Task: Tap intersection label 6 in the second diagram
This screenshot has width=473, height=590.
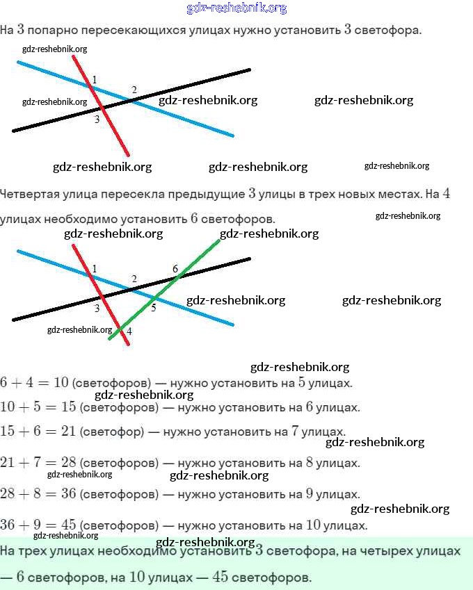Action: coord(175,268)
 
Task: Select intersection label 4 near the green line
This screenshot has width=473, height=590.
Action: coord(129,331)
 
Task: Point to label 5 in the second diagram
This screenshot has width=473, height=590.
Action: coord(154,308)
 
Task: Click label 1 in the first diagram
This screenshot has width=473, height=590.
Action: coord(95,79)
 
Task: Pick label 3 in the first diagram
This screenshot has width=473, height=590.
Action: coord(97,120)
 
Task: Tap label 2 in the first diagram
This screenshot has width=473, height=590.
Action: coord(134,90)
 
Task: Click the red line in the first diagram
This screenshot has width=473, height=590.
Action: coord(115,129)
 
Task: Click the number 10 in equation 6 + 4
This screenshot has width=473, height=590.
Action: coord(61,382)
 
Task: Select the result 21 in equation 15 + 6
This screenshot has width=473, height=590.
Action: coord(68,432)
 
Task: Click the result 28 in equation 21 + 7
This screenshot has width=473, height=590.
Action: coord(68,462)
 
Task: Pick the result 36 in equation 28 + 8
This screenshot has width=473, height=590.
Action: coord(68,494)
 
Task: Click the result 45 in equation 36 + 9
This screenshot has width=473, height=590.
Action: coord(68,525)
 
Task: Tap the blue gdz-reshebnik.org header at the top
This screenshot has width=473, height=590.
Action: coord(236,8)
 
